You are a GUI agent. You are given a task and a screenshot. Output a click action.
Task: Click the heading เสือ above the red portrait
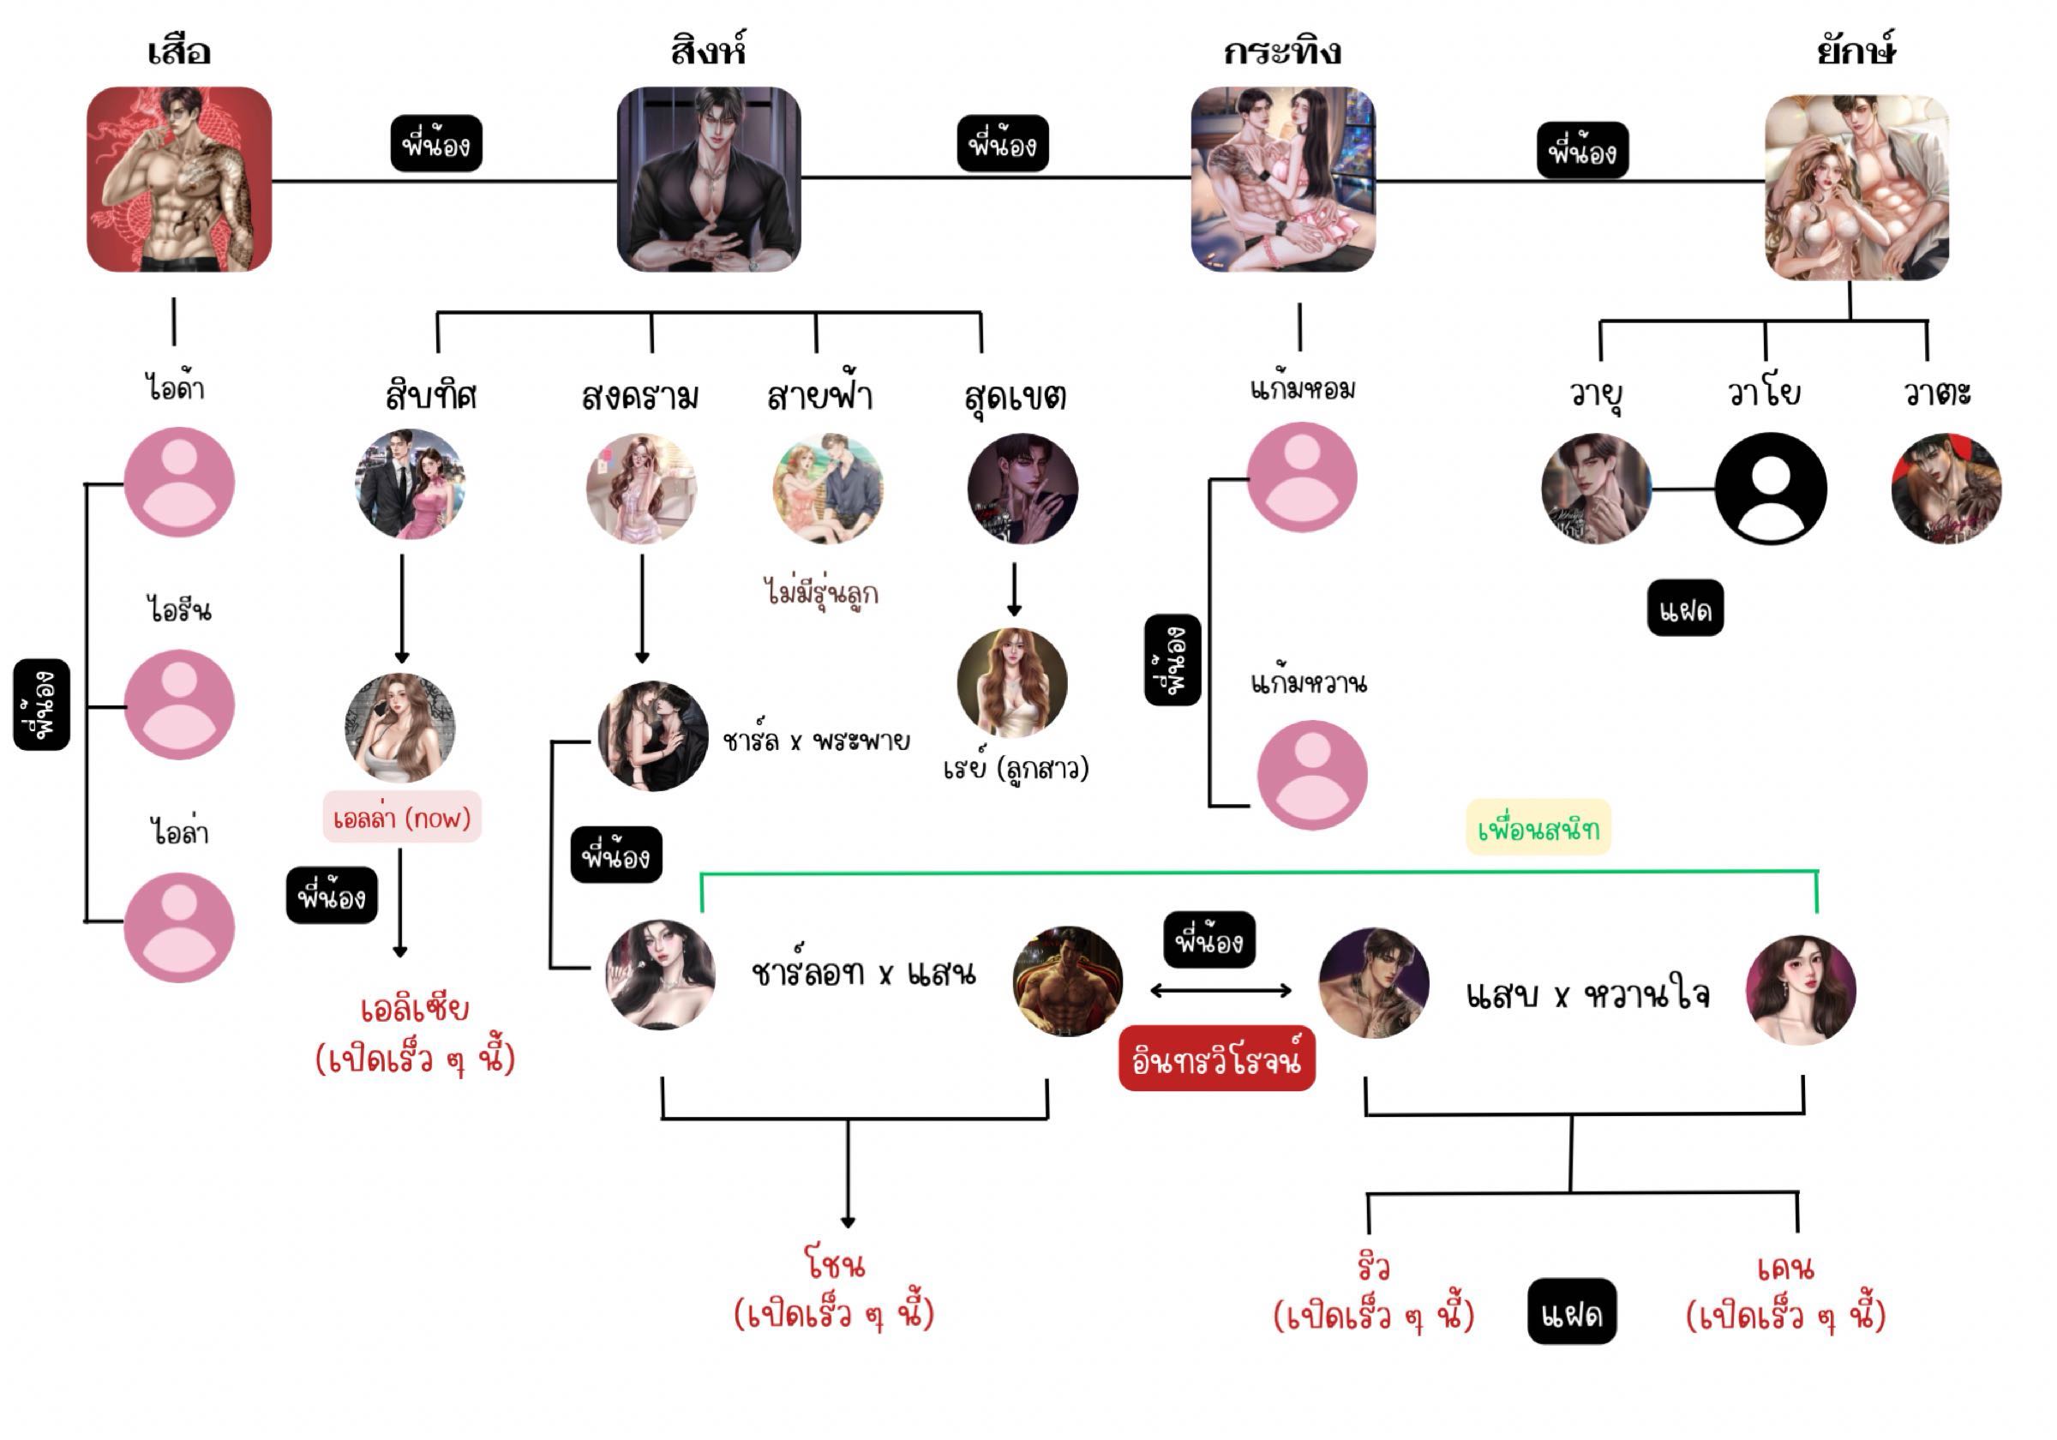(x=179, y=51)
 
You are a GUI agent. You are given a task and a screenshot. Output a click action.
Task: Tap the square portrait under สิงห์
(x=709, y=179)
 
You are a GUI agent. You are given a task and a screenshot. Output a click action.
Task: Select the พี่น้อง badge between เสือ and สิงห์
(x=436, y=143)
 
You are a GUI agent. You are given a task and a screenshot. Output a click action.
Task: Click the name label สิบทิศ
(x=431, y=395)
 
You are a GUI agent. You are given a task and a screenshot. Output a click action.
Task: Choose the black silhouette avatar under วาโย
(x=1771, y=489)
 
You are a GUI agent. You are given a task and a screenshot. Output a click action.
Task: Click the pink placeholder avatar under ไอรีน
(x=179, y=705)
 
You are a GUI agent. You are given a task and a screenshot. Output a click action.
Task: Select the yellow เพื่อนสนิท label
(x=1538, y=828)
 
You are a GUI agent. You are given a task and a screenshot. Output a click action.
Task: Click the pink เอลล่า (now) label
(x=401, y=817)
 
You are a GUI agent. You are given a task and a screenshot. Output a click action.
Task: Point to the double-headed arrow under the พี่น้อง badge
(x=1220, y=990)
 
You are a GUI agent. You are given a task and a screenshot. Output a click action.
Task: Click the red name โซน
(x=835, y=1264)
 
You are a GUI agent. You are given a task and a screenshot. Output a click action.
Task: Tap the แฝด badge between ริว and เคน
(x=1571, y=1312)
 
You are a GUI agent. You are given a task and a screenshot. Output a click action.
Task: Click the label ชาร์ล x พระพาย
(x=816, y=741)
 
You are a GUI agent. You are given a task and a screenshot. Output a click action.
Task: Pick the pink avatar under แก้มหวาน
(x=1311, y=775)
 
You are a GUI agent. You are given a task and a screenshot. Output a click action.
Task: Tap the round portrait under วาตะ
(x=1946, y=489)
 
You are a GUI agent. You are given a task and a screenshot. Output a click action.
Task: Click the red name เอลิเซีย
(x=415, y=1009)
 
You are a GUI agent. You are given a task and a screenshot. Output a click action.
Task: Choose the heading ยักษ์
(x=1856, y=51)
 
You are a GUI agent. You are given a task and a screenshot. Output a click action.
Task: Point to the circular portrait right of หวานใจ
(x=1801, y=990)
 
